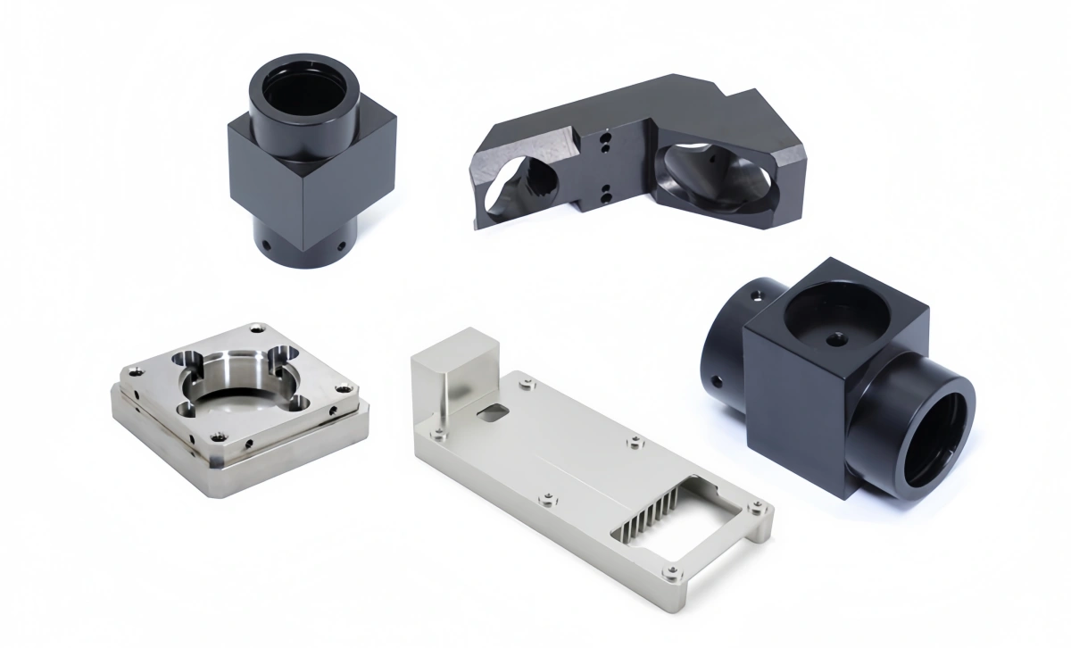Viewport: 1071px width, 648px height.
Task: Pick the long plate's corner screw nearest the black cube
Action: pos(756,511)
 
